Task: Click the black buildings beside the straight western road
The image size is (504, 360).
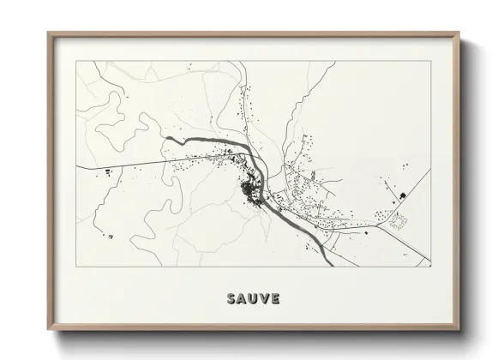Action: pos(109,174)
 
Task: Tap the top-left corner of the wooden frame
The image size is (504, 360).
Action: pos(48,33)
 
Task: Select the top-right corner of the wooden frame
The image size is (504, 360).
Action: pos(461,33)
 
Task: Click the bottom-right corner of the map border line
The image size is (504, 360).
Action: pos(431,267)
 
